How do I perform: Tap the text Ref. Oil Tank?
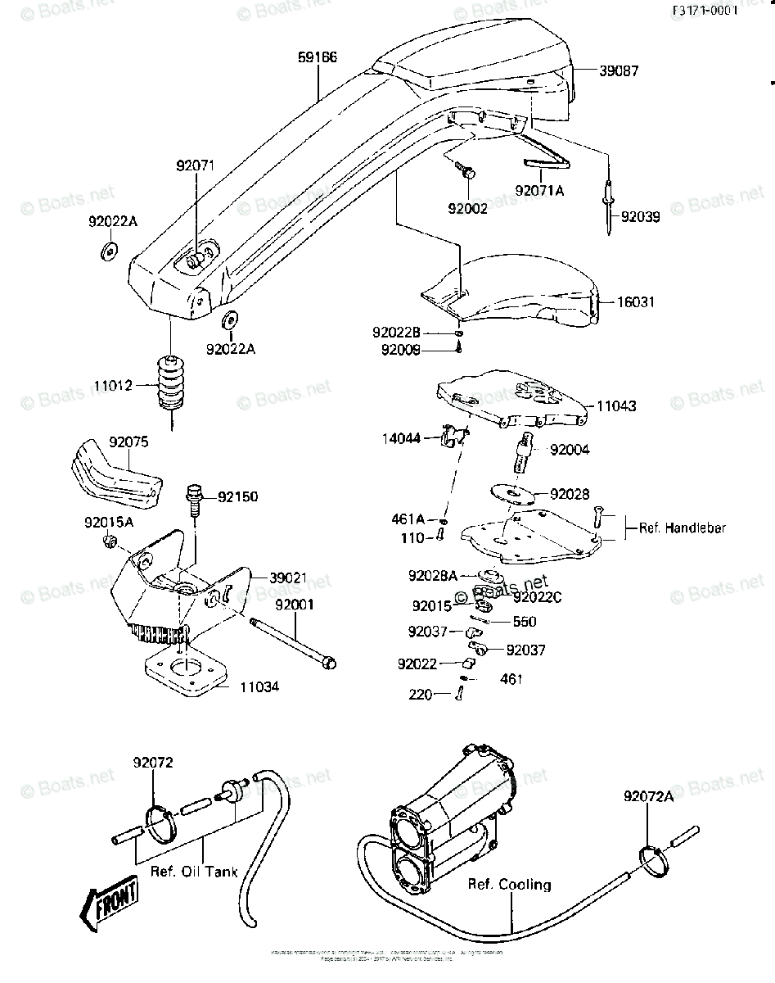[194, 871]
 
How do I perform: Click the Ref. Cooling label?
[509, 885]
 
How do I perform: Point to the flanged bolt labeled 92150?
[193, 498]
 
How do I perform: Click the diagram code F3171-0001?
[705, 11]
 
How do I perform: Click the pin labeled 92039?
[610, 209]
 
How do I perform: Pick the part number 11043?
[616, 406]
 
